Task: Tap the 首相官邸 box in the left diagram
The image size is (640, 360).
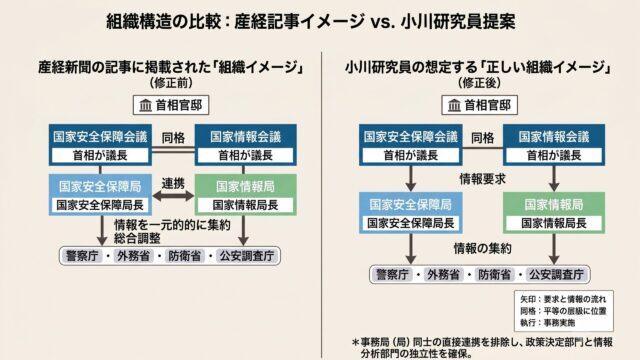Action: [x=171, y=105]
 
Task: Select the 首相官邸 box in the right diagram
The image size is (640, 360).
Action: [x=480, y=105]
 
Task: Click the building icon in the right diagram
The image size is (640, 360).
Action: [x=454, y=105]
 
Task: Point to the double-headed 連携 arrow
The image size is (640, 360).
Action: [x=173, y=196]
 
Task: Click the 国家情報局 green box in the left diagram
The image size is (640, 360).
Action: [x=246, y=195]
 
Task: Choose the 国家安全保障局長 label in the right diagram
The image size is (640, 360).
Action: [x=411, y=223]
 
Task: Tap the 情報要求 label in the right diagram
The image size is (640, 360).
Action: [x=482, y=179]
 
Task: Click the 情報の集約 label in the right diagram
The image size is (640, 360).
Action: [x=482, y=248]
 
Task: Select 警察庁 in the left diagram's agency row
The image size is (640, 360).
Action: [x=82, y=256]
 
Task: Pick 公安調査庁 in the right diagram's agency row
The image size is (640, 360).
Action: [x=557, y=275]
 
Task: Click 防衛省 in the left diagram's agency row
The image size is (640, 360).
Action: [x=185, y=256]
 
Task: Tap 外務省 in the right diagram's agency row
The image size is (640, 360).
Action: [x=444, y=275]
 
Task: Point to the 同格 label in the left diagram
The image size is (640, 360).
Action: [x=173, y=138]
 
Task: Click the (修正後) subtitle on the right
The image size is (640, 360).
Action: [x=480, y=83]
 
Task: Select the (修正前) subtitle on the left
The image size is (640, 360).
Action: [x=171, y=83]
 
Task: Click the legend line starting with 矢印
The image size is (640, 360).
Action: [x=563, y=299]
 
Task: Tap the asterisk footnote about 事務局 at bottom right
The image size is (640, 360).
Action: [x=482, y=347]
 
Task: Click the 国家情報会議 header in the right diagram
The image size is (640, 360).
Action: [x=554, y=137]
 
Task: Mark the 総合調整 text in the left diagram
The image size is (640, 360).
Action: [x=138, y=238]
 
